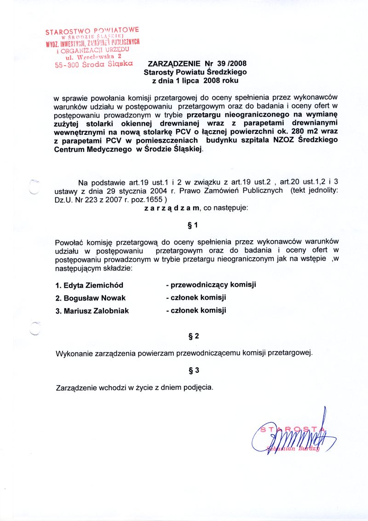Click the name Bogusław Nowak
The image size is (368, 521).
[90, 298]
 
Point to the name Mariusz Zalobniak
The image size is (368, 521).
[92, 311]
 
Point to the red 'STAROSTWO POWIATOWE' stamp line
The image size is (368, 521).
[92, 32]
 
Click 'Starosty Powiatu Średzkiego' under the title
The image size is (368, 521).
[195, 72]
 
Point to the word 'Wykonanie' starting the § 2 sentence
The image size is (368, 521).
[72, 353]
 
